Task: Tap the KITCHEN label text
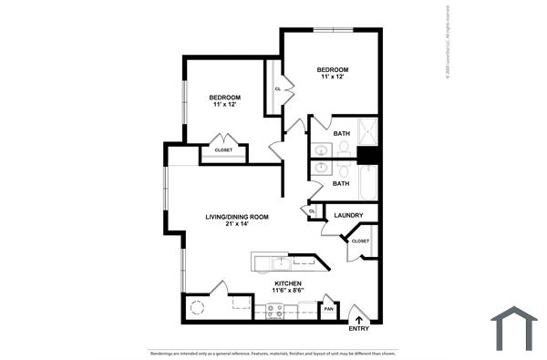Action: pyautogui.click(x=289, y=283)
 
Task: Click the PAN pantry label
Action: pyautogui.click(x=328, y=310)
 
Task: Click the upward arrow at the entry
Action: pyautogui.click(x=358, y=319)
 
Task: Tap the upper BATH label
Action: pyautogui.click(x=341, y=134)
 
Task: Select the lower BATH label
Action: pyautogui.click(x=341, y=183)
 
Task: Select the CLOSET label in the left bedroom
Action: pyautogui.click(x=223, y=149)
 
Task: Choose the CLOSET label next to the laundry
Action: pyautogui.click(x=360, y=242)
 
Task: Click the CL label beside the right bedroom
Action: pyautogui.click(x=277, y=88)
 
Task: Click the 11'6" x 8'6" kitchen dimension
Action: pyautogui.click(x=289, y=291)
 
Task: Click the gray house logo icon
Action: pyautogui.click(x=514, y=328)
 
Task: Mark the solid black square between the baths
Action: pyautogui.click(x=367, y=155)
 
